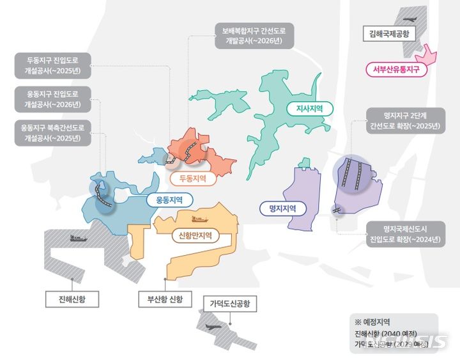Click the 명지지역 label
[x=283, y=208]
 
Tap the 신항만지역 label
[x=196, y=235]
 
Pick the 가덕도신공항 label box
[x=229, y=303]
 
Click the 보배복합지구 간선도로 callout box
[x=254, y=34]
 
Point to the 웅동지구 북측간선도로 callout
[x=53, y=132]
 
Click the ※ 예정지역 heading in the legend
[x=372, y=322]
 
